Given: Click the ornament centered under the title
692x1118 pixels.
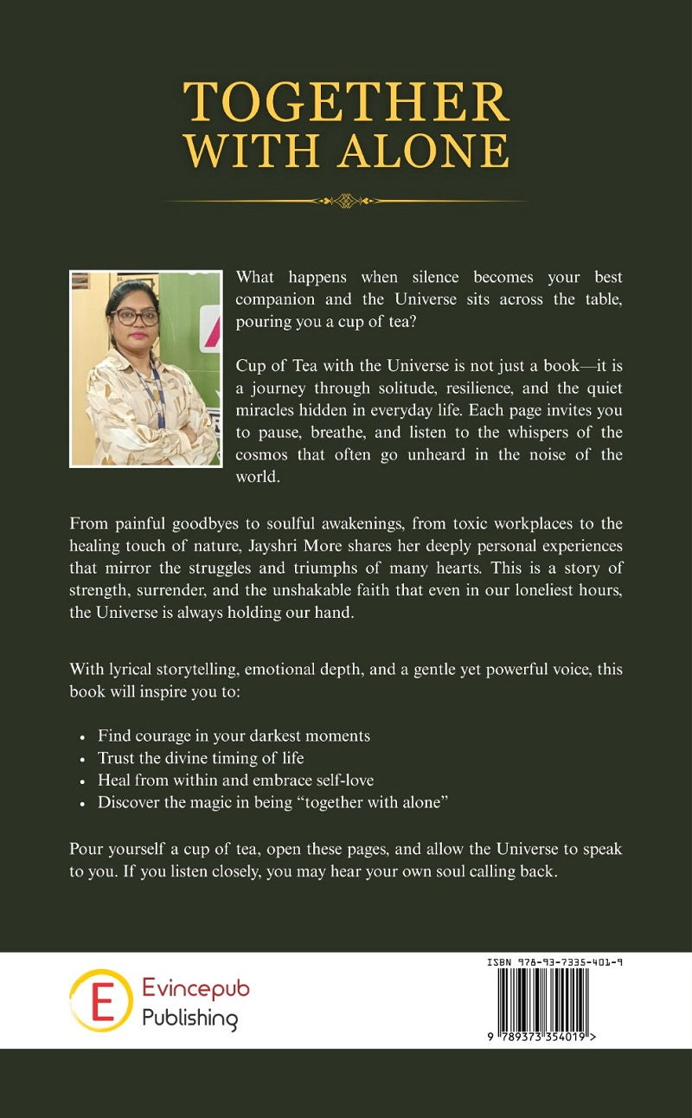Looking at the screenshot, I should (x=345, y=201).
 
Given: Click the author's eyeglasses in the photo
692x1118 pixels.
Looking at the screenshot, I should (x=134, y=317).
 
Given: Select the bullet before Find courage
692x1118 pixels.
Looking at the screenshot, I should (x=81, y=737).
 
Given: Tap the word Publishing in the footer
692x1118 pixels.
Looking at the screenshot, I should (x=189, y=1018).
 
